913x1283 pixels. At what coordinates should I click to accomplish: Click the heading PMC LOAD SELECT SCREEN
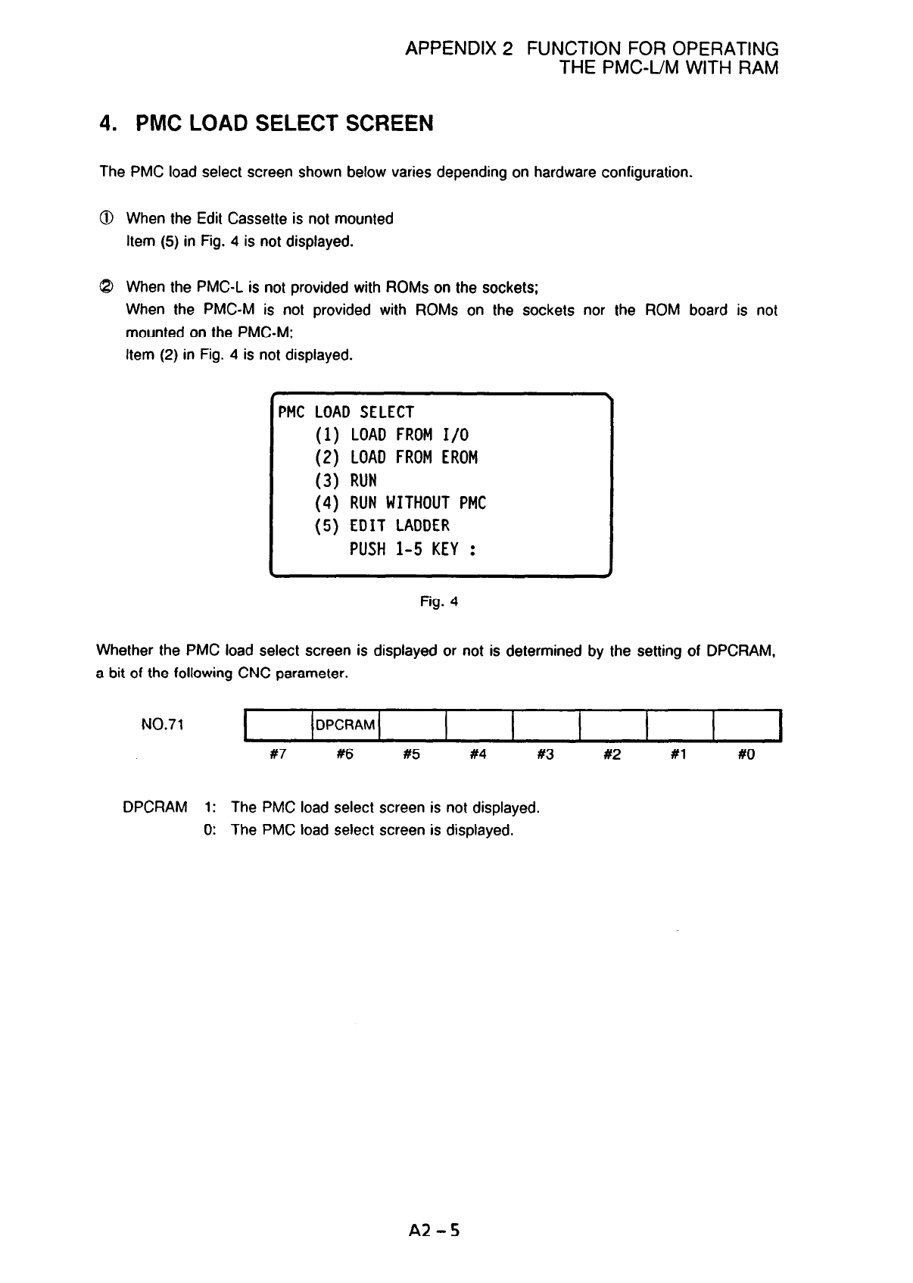(266, 123)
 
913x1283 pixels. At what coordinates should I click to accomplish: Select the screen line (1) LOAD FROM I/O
(391, 435)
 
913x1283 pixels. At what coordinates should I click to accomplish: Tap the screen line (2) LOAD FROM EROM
(396, 457)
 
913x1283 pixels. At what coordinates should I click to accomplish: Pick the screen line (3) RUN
(345, 480)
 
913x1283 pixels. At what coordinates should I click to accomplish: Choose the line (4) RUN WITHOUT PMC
(400, 503)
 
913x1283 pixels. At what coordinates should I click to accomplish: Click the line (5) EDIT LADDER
(382, 526)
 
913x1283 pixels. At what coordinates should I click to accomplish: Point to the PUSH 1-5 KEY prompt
(413, 548)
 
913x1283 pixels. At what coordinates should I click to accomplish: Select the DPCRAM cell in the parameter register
(345, 725)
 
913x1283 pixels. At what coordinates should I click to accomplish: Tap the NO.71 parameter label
(163, 725)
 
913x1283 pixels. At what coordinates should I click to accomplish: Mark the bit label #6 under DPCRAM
(344, 754)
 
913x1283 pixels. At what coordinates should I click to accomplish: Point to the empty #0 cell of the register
(746, 725)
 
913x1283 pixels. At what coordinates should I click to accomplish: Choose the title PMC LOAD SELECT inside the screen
(346, 412)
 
